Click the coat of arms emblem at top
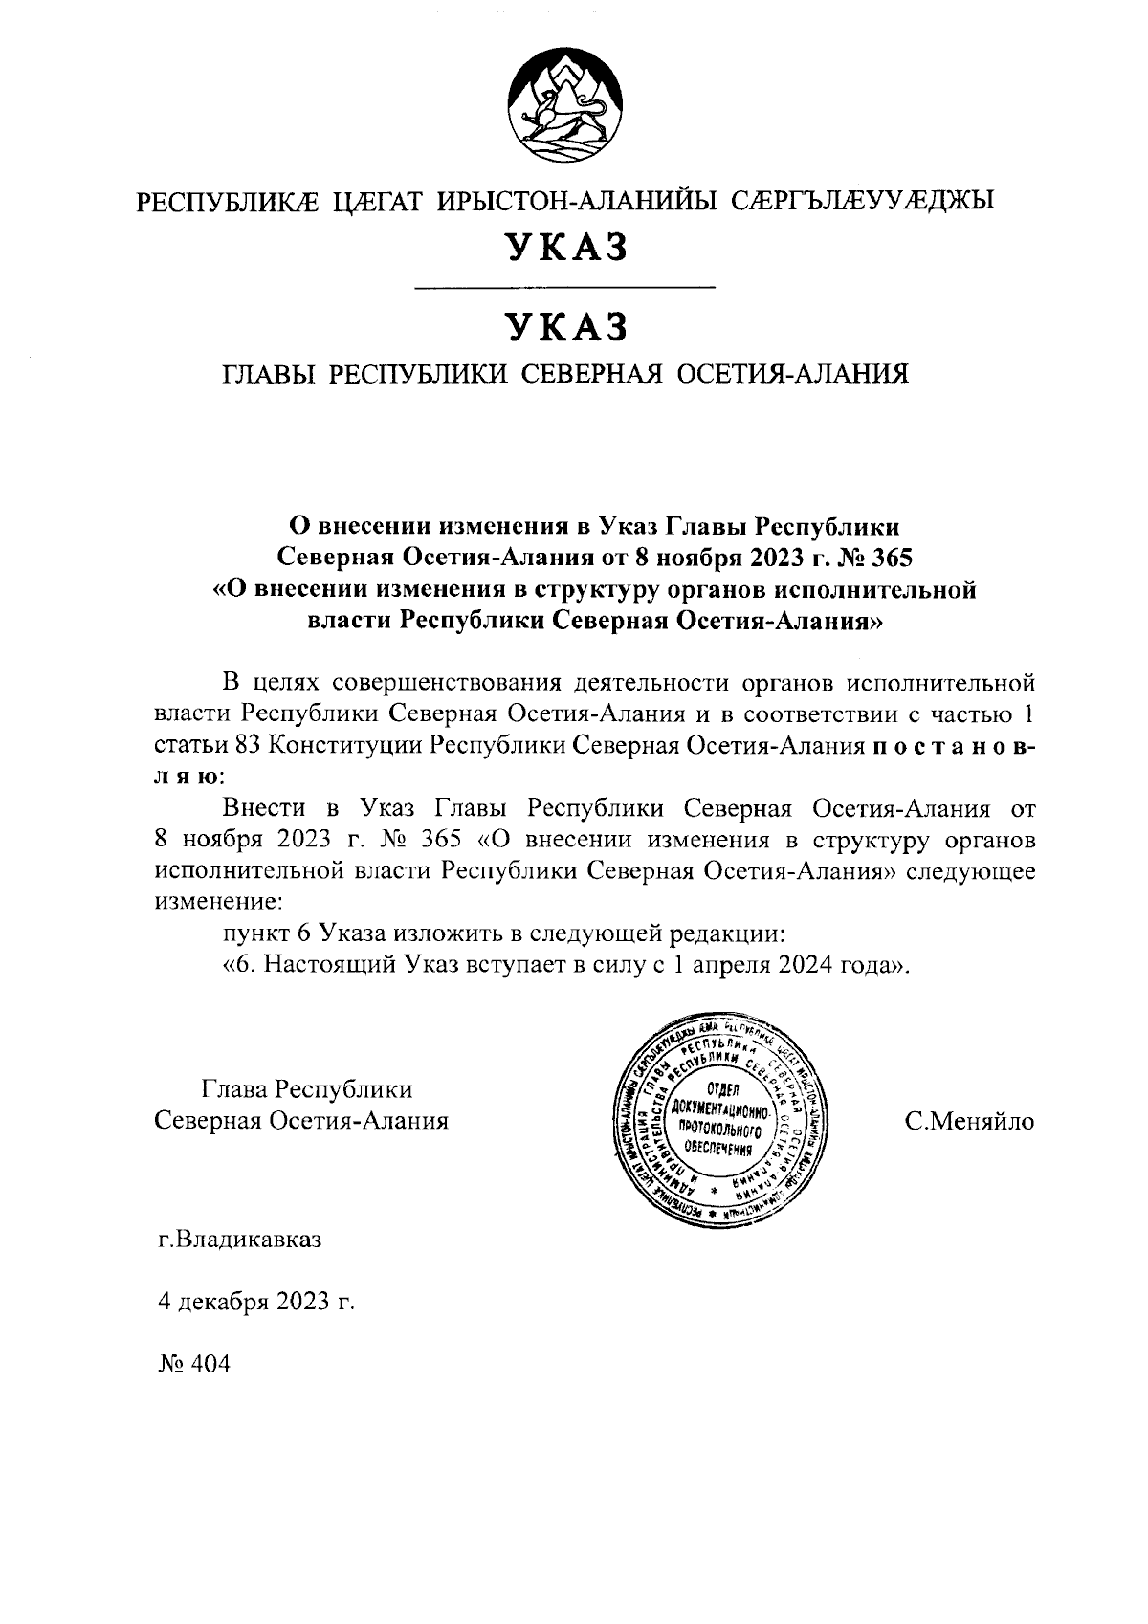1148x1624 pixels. [566, 106]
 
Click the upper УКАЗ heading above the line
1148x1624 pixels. [566, 247]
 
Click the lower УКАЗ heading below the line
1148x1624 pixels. [566, 327]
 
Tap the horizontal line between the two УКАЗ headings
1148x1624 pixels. [566, 287]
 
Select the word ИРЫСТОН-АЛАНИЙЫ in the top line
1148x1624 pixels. [578, 201]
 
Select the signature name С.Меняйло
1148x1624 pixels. [969, 1121]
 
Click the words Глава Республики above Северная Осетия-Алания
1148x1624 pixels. [307, 1089]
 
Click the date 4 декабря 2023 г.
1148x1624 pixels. [255, 1302]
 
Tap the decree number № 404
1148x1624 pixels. [194, 1364]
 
